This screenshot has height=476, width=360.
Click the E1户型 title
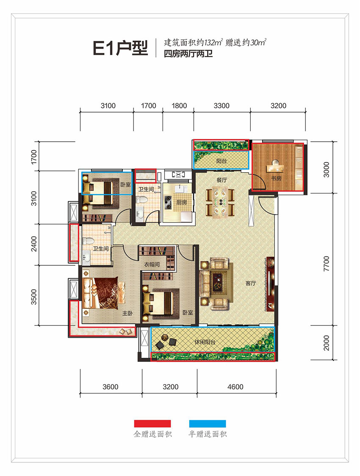[120, 48]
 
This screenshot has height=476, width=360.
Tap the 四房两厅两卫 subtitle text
[188, 54]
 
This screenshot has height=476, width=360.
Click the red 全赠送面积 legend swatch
[152, 424]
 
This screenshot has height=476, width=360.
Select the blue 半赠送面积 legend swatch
[208, 424]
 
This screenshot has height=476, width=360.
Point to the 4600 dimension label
[235, 387]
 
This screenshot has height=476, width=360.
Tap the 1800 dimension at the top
[179, 106]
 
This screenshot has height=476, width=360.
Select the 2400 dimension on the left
[34, 244]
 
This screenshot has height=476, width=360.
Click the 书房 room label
[276, 179]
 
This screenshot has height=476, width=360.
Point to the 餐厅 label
[222, 180]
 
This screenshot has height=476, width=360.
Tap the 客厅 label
[251, 283]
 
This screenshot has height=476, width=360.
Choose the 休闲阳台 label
[205, 342]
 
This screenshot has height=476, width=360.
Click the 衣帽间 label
[152, 264]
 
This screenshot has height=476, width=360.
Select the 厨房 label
[182, 202]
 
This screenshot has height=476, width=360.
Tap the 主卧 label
[127, 313]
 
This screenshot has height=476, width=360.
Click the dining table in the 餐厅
[220, 202]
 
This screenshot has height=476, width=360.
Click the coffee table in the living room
[217, 281]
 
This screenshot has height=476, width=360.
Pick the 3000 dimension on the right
[326, 170]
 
